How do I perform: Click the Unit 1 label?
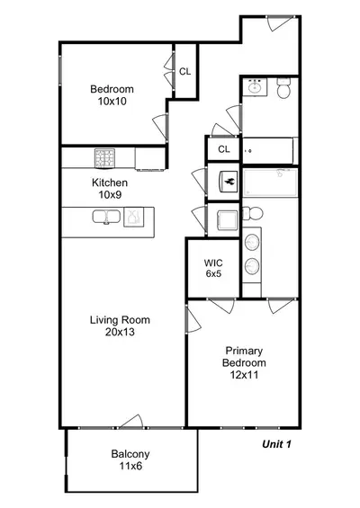[x=276, y=444]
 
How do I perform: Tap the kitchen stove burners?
[x=104, y=158]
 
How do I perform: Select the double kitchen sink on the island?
[x=106, y=217]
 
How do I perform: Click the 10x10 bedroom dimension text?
[x=112, y=102]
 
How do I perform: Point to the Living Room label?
[x=120, y=320]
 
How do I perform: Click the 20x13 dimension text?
[x=120, y=332]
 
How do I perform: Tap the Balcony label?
[x=130, y=454]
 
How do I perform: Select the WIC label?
[x=213, y=263]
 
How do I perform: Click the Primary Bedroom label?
[x=244, y=357]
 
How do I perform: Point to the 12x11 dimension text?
[x=244, y=375]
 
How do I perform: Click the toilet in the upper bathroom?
[x=284, y=88]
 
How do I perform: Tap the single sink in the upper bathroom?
[x=256, y=87]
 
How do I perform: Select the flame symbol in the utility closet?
[x=229, y=182]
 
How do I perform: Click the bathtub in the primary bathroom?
[x=270, y=183]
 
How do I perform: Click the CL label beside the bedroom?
[x=185, y=72]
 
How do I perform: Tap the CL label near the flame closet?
[x=224, y=149]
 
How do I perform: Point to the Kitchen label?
[x=110, y=183]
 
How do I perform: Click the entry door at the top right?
[x=281, y=23]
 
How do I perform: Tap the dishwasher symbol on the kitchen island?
[x=133, y=217]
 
